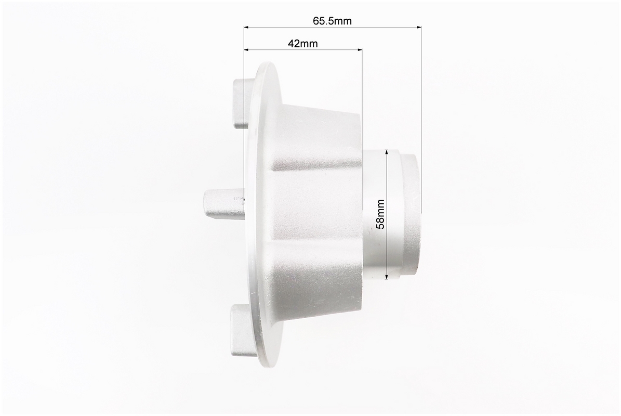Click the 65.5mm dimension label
click(x=332, y=21)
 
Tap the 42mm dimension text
click(x=303, y=44)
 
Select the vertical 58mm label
click(x=380, y=214)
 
